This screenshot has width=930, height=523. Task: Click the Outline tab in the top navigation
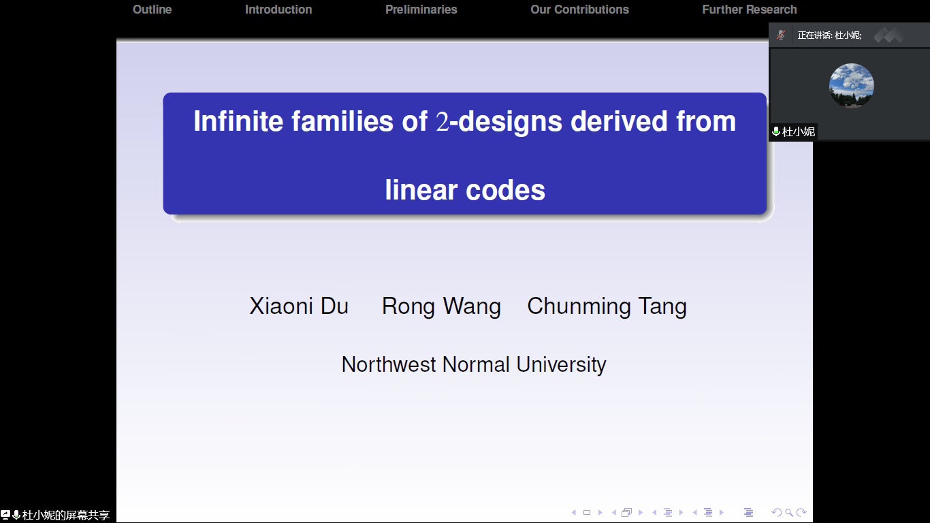152,10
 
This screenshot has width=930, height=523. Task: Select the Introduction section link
278,10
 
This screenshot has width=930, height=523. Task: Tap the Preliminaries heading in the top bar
421,10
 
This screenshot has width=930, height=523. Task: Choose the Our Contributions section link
579,10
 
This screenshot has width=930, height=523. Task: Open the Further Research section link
750,10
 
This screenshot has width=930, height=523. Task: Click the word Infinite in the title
238,121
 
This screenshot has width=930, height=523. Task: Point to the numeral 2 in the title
443,122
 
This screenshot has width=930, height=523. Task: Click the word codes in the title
505,190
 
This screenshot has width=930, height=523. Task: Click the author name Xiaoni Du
298,306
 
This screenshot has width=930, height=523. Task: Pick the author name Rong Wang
441,307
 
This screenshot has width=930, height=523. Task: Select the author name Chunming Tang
607,307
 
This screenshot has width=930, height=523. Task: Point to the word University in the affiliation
561,365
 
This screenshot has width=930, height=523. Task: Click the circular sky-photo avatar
851,86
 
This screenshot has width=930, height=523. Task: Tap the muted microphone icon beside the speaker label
780,35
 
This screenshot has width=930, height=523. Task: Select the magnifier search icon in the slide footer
789,512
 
